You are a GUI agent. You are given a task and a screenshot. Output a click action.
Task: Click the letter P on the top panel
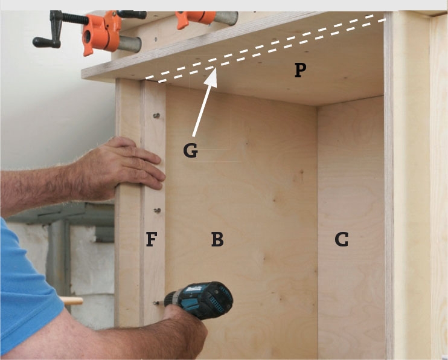click(x=300, y=70)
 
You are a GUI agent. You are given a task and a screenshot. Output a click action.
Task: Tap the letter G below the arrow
click(x=191, y=150)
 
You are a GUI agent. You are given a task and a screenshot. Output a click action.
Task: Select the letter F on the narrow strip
click(x=152, y=239)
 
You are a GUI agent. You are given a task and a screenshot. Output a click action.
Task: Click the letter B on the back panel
click(x=217, y=239)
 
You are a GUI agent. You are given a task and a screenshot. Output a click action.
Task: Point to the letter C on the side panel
click(x=341, y=239)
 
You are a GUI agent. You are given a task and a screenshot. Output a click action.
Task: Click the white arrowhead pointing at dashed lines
click(x=211, y=77)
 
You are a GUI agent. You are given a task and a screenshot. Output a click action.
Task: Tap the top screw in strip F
click(x=156, y=115)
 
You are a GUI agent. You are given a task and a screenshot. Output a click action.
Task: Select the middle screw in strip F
click(x=157, y=210)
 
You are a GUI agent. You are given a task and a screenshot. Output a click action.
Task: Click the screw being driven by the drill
click(x=155, y=303)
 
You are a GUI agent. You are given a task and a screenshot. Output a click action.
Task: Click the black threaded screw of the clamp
click(x=75, y=18)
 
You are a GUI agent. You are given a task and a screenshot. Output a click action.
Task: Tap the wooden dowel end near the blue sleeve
click(x=71, y=301)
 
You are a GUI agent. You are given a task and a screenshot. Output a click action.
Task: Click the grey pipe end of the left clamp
click(x=129, y=43)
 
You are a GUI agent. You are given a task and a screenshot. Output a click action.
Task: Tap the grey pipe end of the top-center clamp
click(x=226, y=18)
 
